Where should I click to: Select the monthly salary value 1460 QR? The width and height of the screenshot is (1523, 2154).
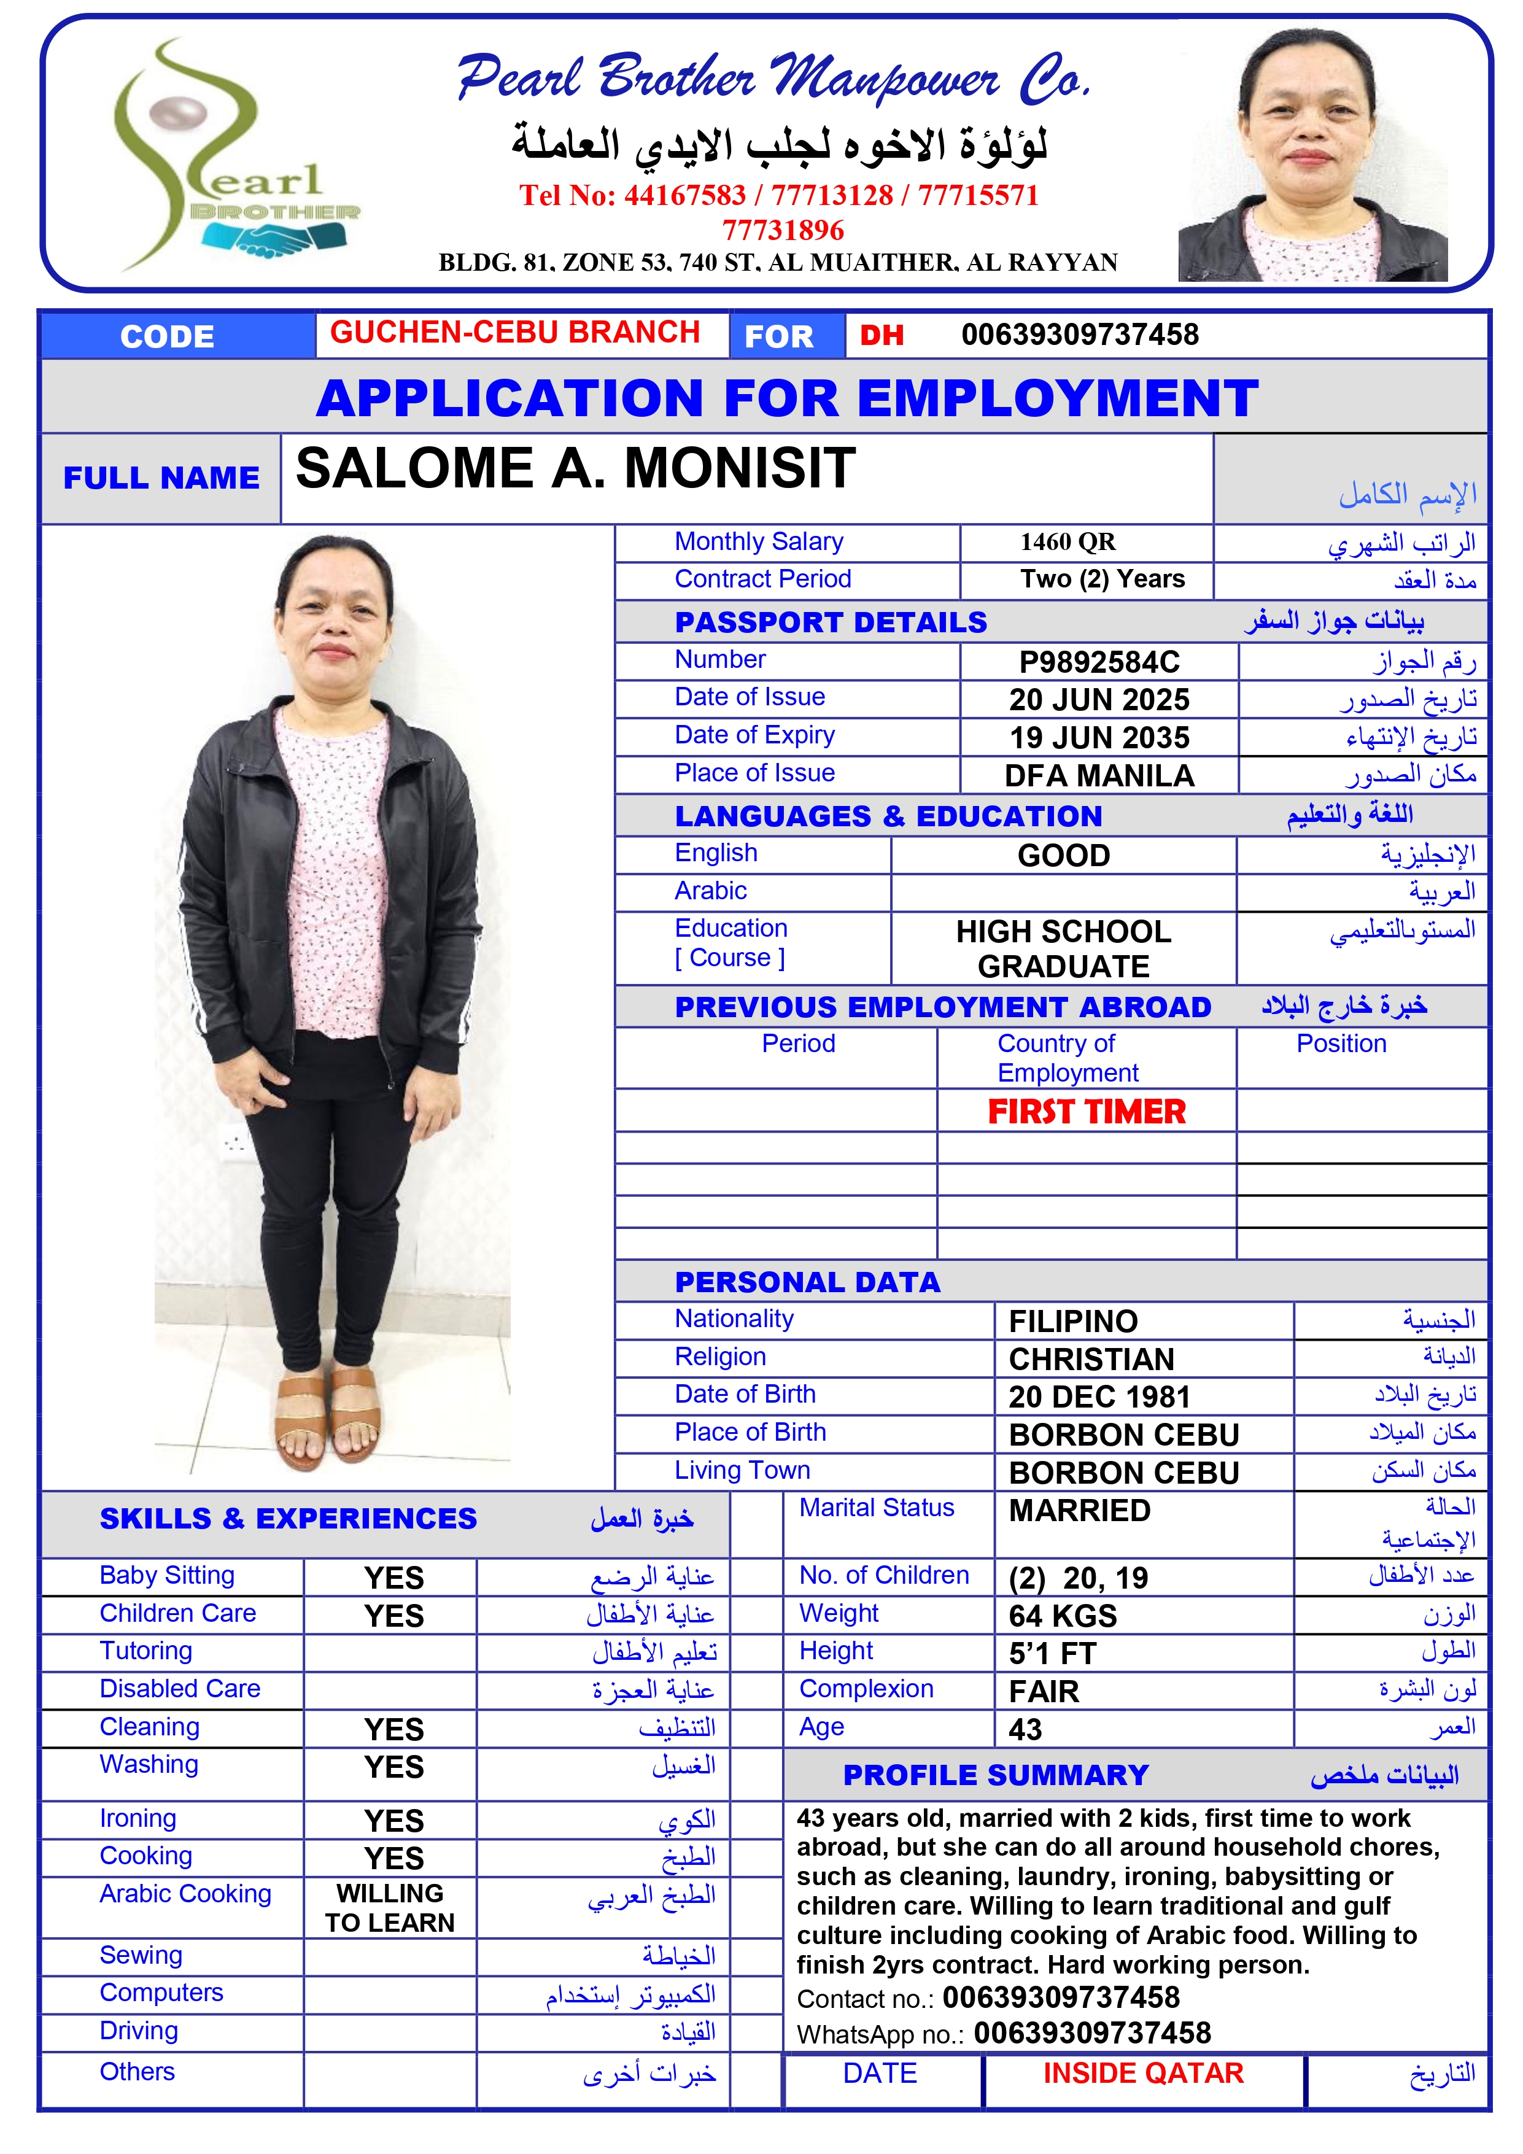1068,542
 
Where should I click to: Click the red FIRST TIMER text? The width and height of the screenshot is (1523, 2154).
1087,1112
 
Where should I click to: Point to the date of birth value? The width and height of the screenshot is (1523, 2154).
1099,1397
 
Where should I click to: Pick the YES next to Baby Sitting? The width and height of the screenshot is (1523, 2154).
394,1578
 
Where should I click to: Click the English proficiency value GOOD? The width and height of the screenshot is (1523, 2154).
1063,856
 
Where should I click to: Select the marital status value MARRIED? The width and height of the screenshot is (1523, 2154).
1079,1511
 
